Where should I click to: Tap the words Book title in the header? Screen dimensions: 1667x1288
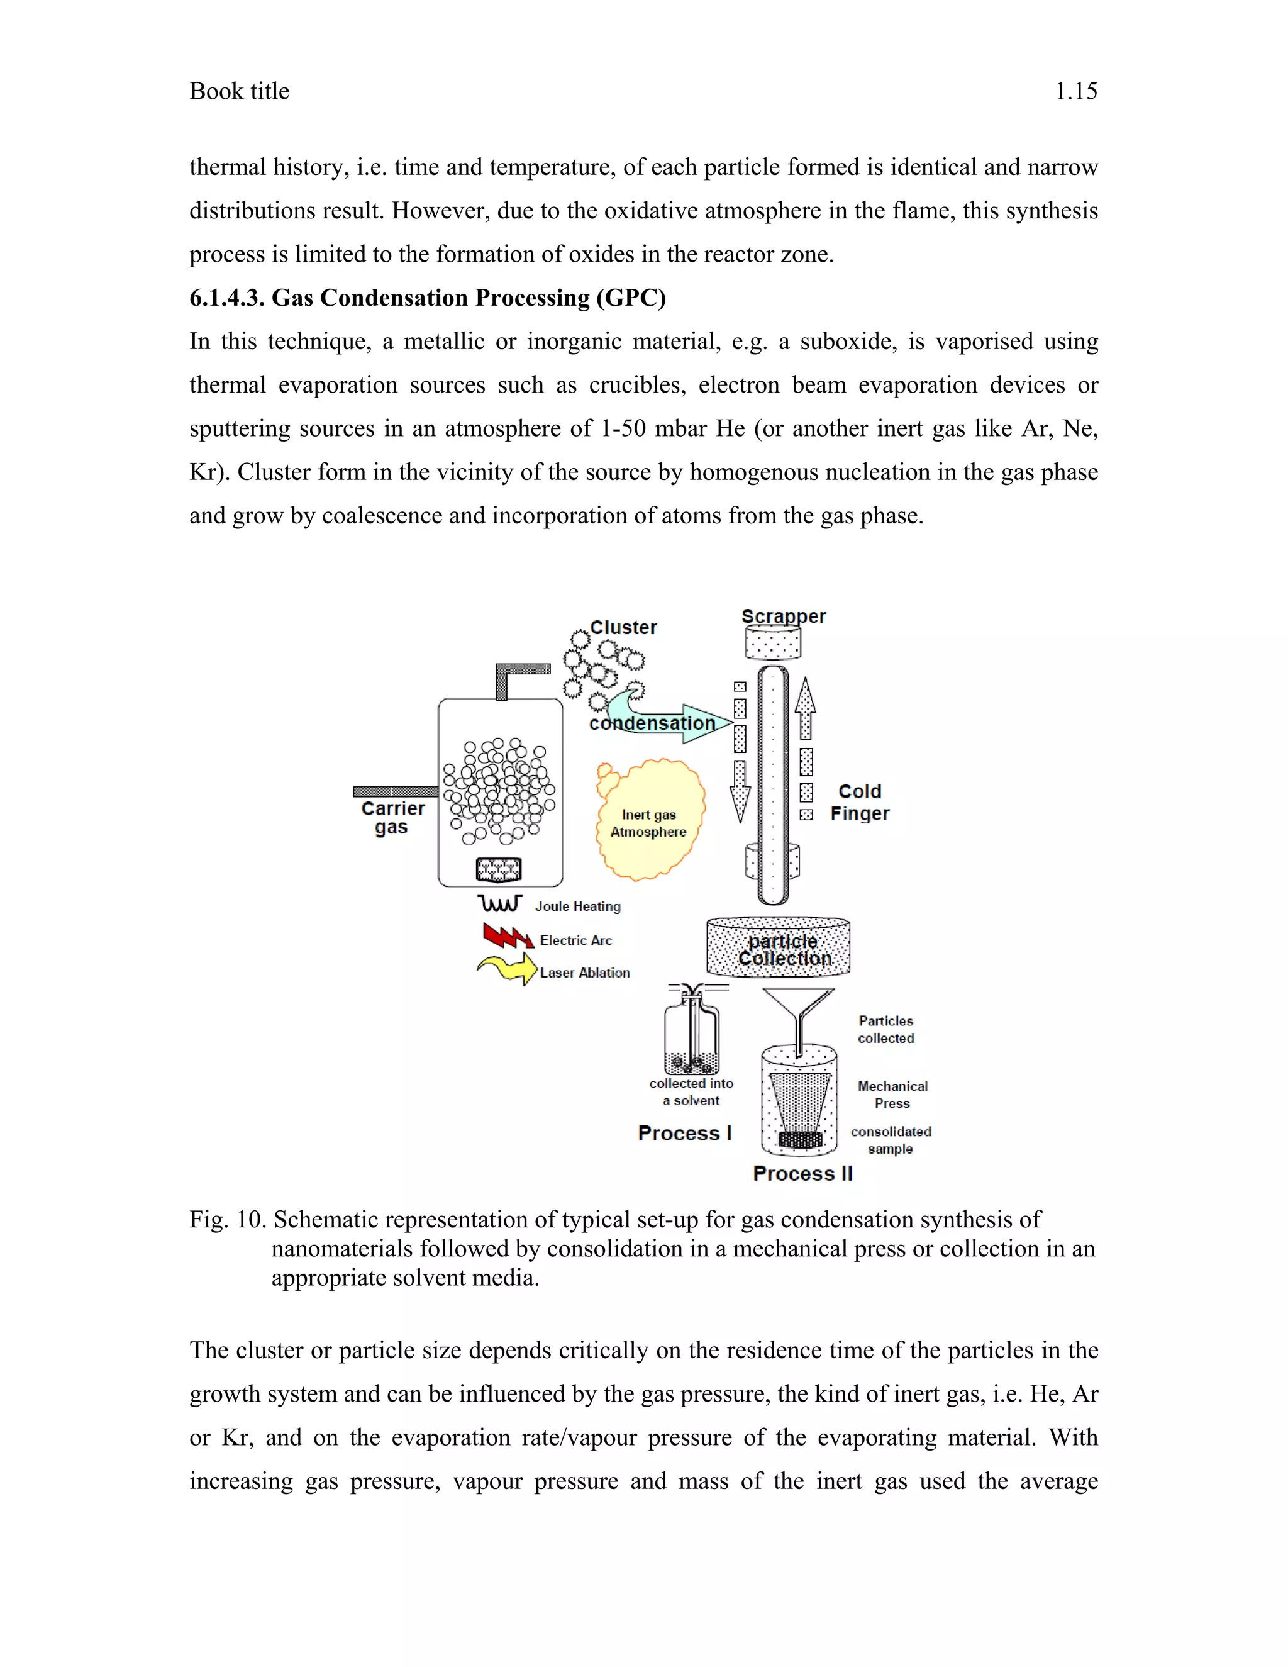coord(240,92)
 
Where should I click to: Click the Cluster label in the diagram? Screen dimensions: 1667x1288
coord(623,627)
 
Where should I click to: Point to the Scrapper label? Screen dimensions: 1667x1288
coord(784,616)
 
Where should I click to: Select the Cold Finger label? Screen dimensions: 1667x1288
coord(860,803)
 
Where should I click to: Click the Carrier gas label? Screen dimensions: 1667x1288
coord(392,818)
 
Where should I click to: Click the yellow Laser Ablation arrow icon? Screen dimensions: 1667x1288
coord(508,969)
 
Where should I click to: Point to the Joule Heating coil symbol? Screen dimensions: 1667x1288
coord(500,904)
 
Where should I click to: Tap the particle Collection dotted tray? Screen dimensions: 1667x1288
coord(779,948)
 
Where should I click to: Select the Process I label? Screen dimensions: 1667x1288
coord(684,1134)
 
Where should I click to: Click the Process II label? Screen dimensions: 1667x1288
coord(802,1174)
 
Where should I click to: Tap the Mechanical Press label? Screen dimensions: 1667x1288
coord(892,1095)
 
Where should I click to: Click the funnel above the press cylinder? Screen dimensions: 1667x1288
coord(798,1008)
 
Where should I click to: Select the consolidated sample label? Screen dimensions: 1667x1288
coord(891,1140)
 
